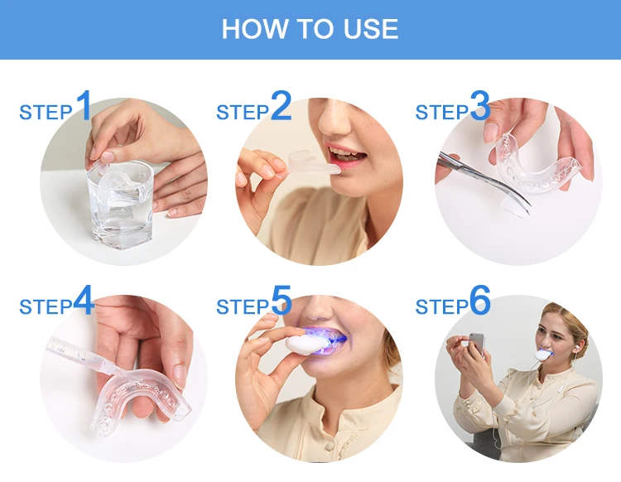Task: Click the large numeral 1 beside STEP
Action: point(84,105)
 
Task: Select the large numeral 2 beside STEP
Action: point(282,105)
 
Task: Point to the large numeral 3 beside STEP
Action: point(480,105)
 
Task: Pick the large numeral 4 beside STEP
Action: point(84,300)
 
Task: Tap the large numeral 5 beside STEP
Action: point(282,300)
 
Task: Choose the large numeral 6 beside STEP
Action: point(480,300)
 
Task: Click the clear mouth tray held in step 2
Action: point(314,163)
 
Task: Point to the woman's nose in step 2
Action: point(334,118)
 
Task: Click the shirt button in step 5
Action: point(330,446)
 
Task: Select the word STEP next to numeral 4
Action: point(46,307)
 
